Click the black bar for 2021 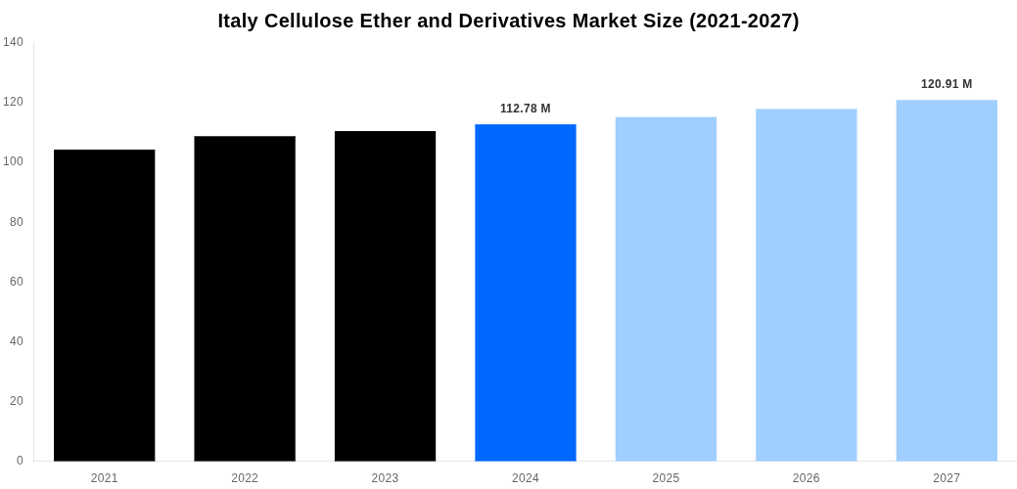pyautogui.click(x=104, y=305)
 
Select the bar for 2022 pyautogui.click(x=245, y=298)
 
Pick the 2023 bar pyautogui.click(x=385, y=295)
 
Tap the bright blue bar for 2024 pyautogui.click(x=526, y=292)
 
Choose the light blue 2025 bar pyautogui.click(x=666, y=289)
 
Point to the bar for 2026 pyautogui.click(x=806, y=285)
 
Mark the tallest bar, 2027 pyautogui.click(x=947, y=280)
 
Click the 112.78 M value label pyautogui.click(x=526, y=109)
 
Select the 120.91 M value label pyautogui.click(x=947, y=84)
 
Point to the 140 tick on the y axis pyautogui.click(x=14, y=42)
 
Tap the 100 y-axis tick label pyautogui.click(x=14, y=161)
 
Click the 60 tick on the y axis pyautogui.click(x=17, y=282)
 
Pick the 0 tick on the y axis pyautogui.click(x=20, y=461)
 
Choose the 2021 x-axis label pyautogui.click(x=104, y=478)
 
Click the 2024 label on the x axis pyautogui.click(x=526, y=478)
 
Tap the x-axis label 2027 pyautogui.click(x=947, y=478)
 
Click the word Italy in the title pyautogui.click(x=238, y=21)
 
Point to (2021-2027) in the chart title pyautogui.click(x=744, y=21)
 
